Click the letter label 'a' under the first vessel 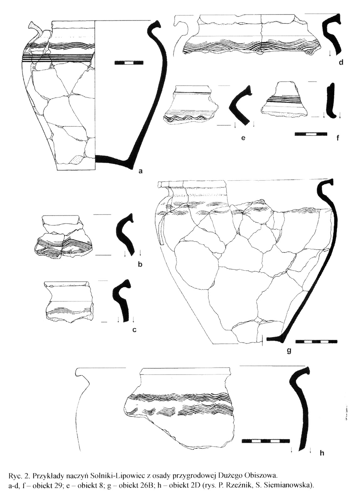(140, 171)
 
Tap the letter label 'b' (140, 264)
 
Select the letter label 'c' (134, 330)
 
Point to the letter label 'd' (341, 63)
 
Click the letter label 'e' (243, 138)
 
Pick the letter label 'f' (338, 138)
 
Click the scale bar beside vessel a (129, 63)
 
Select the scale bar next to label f (311, 134)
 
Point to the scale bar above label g (316, 341)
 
